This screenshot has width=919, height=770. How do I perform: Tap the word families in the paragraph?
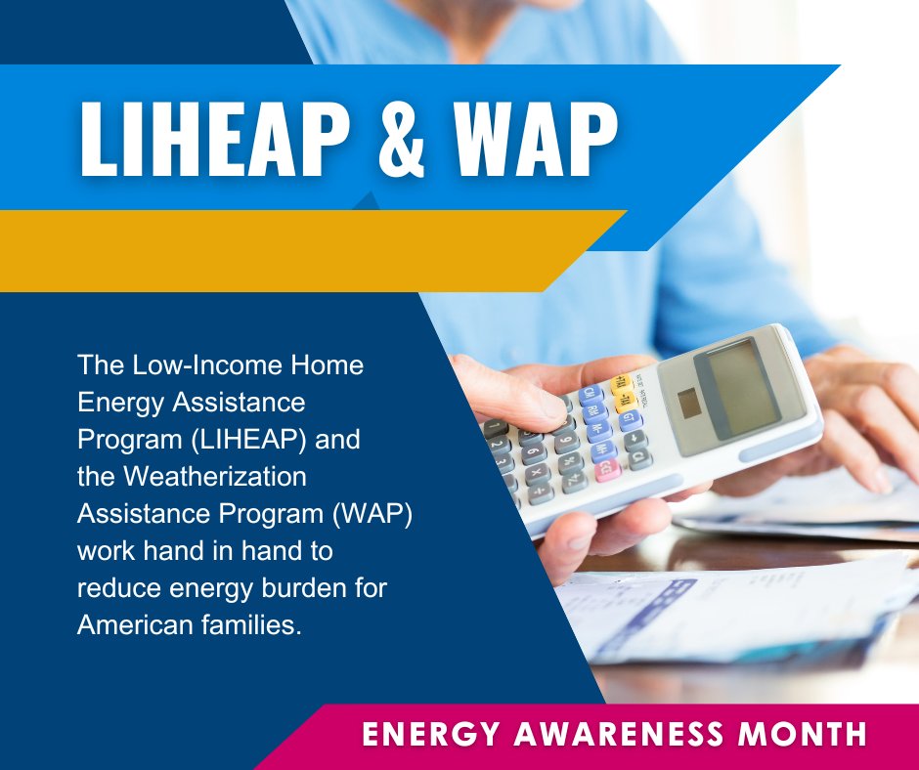coord(250,624)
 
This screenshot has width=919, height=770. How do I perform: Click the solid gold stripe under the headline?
coord(293,250)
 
